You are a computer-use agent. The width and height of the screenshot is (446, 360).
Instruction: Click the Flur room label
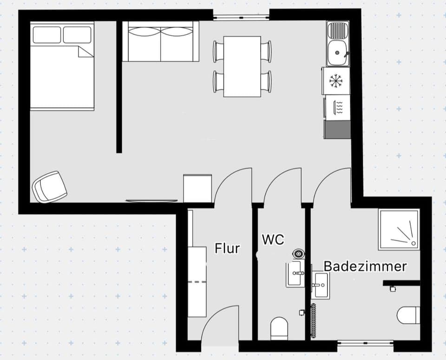(x=227, y=248)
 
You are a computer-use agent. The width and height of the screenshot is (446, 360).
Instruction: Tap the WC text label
(x=273, y=239)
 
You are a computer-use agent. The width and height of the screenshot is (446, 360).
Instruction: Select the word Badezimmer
(x=365, y=267)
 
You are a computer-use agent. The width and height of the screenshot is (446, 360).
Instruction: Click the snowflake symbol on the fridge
(x=336, y=81)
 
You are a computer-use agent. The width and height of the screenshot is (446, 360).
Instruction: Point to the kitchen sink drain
(x=337, y=53)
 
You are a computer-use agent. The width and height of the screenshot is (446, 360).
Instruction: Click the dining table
(x=242, y=66)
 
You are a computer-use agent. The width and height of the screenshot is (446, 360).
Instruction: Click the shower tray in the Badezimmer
(x=399, y=230)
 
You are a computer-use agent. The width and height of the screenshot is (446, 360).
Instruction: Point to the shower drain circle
(x=413, y=243)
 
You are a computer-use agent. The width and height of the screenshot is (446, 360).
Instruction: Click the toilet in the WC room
(x=279, y=329)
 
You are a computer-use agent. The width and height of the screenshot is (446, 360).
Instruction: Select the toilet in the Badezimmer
(x=408, y=315)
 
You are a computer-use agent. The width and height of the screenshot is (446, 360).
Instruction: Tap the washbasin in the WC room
(x=295, y=274)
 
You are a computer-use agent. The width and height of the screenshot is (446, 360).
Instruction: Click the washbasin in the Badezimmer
(x=321, y=285)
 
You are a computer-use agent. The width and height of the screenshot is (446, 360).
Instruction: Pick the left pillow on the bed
(x=47, y=35)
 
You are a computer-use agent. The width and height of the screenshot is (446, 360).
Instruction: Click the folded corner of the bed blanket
(x=85, y=52)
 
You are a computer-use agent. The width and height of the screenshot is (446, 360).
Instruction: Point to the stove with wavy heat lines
(x=338, y=107)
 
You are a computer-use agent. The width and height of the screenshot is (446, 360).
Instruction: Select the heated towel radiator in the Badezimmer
(x=314, y=321)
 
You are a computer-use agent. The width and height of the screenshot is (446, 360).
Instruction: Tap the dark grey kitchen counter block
(x=337, y=130)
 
